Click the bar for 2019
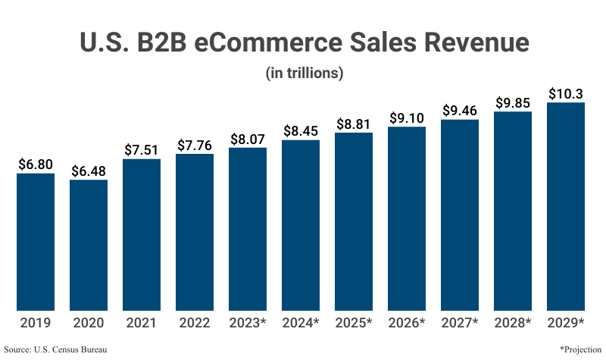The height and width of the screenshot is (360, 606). [x=36, y=242]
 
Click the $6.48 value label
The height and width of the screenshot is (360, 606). [x=89, y=171]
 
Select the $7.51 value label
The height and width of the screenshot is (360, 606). [x=142, y=149]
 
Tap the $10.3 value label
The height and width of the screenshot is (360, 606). [x=566, y=93]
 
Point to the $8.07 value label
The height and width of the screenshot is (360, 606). [x=248, y=138]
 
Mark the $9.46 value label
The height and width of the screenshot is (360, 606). [x=460, y=110]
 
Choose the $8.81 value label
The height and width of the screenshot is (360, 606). [x=354, y=124]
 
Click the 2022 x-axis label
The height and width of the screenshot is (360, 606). [x=195, y=323]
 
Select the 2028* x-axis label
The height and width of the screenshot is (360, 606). [x=513, y=323]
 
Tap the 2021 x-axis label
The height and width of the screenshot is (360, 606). [x=142, y=323]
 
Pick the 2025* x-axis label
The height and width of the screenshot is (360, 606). [x=354, y=323]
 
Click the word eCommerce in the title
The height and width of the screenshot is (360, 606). [x=260, y=42]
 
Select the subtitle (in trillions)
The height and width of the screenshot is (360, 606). [x=305, y=74]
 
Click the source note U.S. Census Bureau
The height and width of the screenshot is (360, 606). [x=55, y=349]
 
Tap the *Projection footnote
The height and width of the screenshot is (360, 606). [x=580, y=349]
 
